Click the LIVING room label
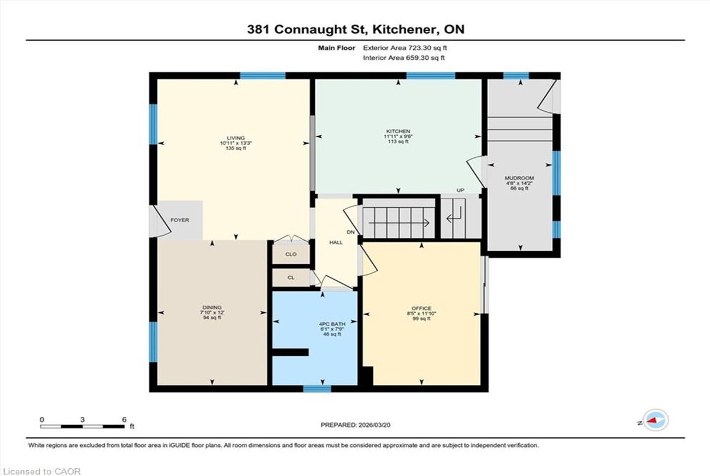point(236,138)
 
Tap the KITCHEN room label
point(398,131)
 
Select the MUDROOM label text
point(519,178)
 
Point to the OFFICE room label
point(421,309)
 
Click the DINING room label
point(212,307)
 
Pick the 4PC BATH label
point(332,324)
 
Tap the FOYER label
point(180,220)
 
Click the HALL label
point(336,242)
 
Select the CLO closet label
point(291,254)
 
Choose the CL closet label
point(291,278)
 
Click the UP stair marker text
point(460,190)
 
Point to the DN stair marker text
point(350,232)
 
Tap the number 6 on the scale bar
point(124,420)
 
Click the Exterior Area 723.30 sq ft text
point(405,48)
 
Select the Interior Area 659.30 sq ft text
point(404,57)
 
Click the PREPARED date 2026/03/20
point(375,425)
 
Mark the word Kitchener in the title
point(405,30)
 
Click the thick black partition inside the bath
point(291,352)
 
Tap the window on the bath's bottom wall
point(317,389)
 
